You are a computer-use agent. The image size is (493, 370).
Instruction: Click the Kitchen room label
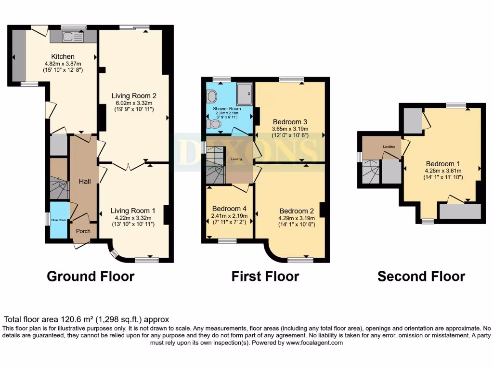click(63, 56)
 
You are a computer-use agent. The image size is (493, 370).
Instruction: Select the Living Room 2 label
click(134, 96)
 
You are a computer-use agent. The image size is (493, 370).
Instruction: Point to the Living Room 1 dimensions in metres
click(133, 218)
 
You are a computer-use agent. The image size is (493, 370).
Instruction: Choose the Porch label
click(83, 230)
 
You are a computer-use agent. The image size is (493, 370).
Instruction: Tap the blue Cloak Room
click(60, 220)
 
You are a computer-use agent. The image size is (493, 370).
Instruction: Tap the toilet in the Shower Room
click(214, 125)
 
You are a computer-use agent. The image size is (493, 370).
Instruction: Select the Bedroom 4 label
click(229, 209)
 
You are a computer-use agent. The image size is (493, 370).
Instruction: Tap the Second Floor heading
click(421, 277)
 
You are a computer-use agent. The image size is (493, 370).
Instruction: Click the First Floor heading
click(265, 277)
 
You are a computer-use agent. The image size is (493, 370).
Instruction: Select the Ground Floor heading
click(91, 277)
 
